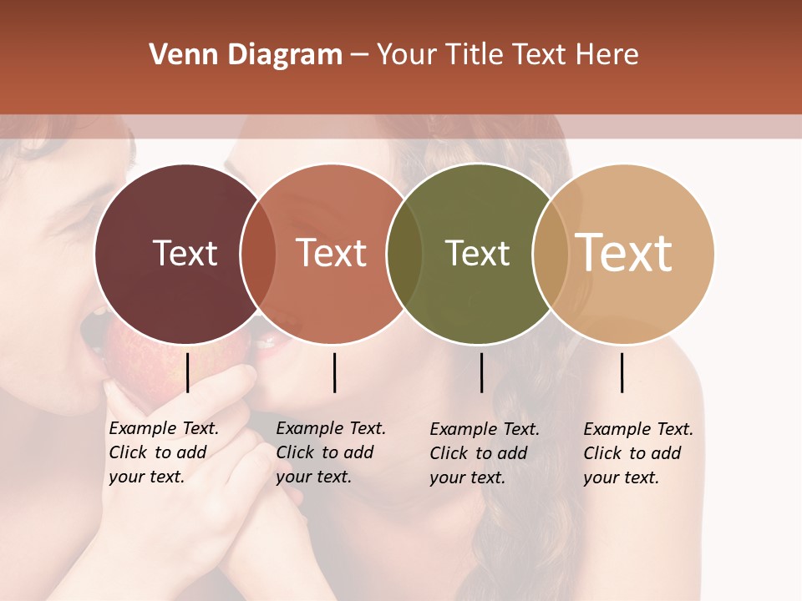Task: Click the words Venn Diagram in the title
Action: (246, 55)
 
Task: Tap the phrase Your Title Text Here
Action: (507, 55)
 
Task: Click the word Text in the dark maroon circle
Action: (185, 253)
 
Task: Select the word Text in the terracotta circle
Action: (332, 253)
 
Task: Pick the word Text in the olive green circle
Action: (477, 253)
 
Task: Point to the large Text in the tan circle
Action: (624, 253)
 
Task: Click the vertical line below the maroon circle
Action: (188, 372)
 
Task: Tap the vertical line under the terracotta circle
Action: (334, 372)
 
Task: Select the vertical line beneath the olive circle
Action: (481, 372)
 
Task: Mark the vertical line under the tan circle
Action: (622, 372)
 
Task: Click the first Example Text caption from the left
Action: (163, 452)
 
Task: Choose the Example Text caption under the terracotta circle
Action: (330, 452)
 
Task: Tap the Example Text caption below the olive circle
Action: (484, 453)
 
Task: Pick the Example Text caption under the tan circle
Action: (637, 453)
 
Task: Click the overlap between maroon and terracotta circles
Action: (258, 253)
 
